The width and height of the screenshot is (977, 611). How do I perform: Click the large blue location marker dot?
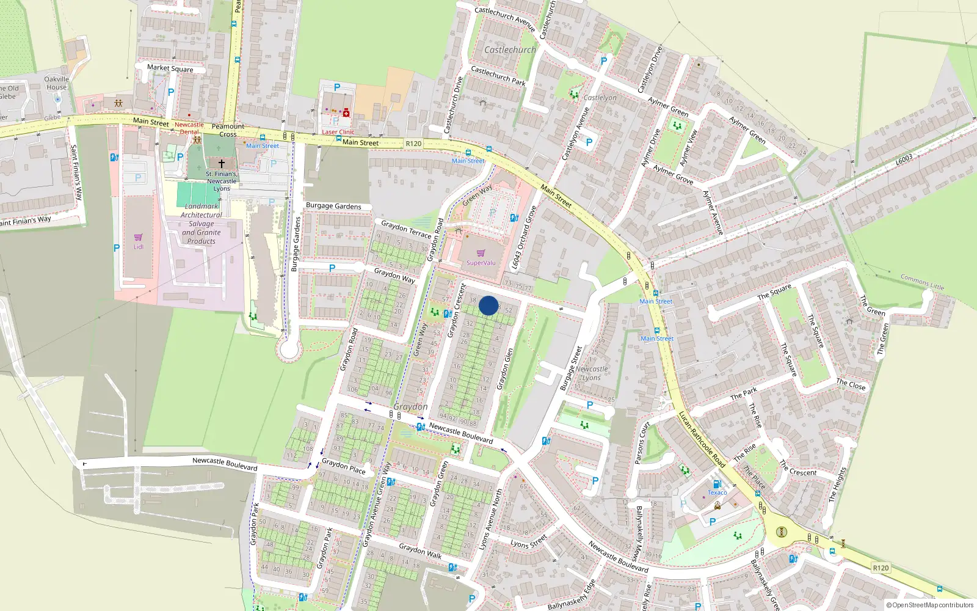click(488, 305)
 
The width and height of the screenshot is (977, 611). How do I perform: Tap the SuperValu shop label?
click(481, 263)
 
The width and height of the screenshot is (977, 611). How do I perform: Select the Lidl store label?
click(139, 247)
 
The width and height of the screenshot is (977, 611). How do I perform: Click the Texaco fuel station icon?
click(717, 485)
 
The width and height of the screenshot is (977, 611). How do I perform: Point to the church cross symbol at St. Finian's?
click(222, 163)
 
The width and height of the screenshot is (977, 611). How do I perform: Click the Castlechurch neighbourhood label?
click(510, 50)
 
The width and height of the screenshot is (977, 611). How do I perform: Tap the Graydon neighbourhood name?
click(410, 407)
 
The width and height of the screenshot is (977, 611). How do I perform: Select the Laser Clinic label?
click(338, 132)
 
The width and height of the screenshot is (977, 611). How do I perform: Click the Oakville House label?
click(57, 83)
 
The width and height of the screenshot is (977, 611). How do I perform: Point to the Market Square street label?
click(170, 68)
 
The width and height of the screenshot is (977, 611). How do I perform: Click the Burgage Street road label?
click(572, 368)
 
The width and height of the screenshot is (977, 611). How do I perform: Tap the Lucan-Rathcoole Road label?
click(702, 440)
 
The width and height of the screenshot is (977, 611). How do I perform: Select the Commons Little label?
click(922, 282)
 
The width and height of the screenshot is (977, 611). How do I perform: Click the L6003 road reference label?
click(904, 159)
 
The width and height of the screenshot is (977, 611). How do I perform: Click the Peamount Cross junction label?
click(228, 130)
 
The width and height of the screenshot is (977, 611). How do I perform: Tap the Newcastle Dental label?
click(189, 128)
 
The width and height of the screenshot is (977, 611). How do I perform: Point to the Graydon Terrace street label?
click(406, 229)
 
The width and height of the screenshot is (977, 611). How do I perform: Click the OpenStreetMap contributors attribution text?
click(929, 606)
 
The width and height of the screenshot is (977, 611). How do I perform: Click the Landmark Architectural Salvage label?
click(202, 224)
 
